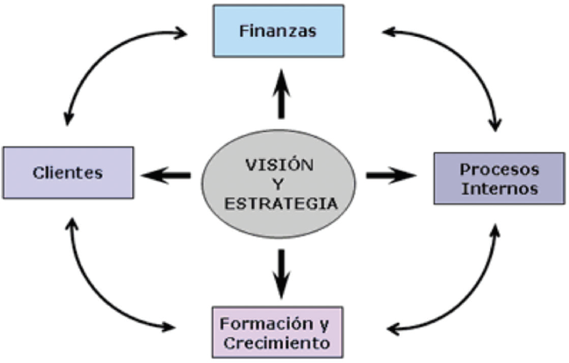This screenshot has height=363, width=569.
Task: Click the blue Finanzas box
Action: pyautogui.click(x=278, y=31)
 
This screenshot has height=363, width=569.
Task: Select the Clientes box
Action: pyautogui.click(x=68, y=172)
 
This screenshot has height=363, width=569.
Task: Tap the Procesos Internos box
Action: pyautogui.click(x=498, y=178)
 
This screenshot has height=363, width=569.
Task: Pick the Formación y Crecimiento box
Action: pyautogui.click(x=277, y=332)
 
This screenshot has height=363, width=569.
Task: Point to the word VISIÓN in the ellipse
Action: pyautogui.click(x=280, y=163)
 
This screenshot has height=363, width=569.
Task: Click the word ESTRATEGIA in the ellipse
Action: pyautogui.click(x=280, y=203)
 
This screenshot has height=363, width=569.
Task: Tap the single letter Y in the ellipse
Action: pyautogui.click(x=280, y=183)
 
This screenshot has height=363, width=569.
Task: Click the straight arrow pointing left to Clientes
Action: pyautogui.click(x=165, y=175)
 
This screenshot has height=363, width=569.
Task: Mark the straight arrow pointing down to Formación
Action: pyautogui.click(x=281, y=273)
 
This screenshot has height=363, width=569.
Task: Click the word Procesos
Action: pyautogui.click(x=498, y=170)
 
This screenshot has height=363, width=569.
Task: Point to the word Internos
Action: pyautogui.click(x=498, y=189)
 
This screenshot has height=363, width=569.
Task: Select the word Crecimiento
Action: pyautogui.click(x=277, y=342)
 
